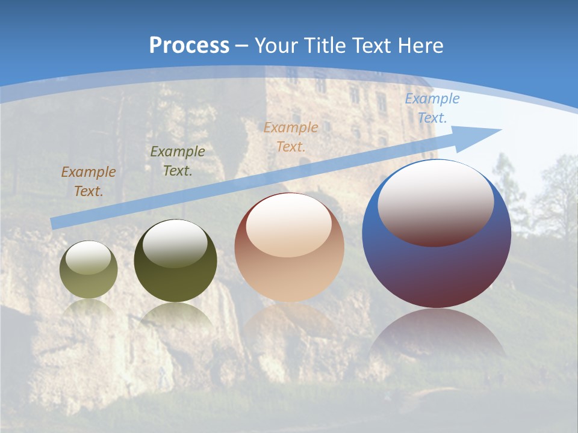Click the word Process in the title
click(x=189, y=45)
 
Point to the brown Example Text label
click(x=89, y=182)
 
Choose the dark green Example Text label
click(x=178, y=161)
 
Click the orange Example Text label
click(x=291, y=137)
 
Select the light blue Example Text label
click(x=432, y=108)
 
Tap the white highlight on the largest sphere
click(x=435, y=203)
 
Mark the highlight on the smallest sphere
click(x=89, y=258)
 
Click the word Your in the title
click(x=275, y=45)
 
